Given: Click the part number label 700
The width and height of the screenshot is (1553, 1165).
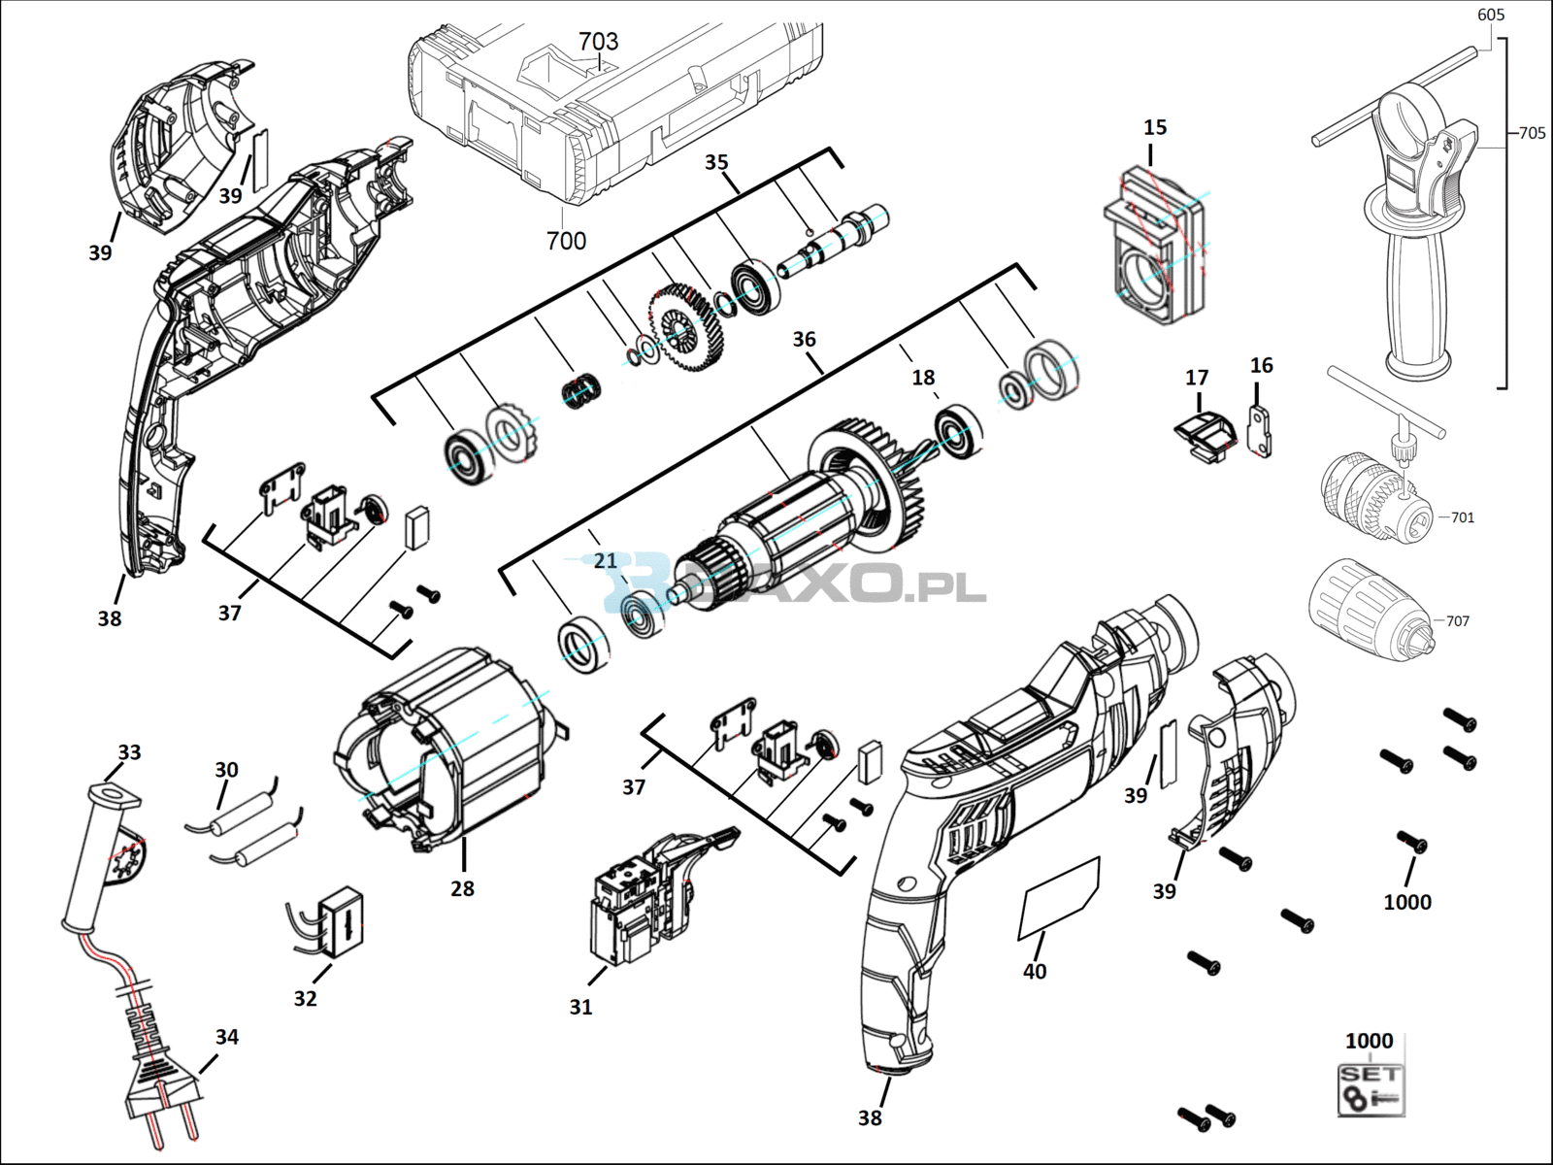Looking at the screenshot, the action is click(x=566, y=241).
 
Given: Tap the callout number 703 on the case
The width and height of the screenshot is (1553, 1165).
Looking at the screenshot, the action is click(x=598, y=41).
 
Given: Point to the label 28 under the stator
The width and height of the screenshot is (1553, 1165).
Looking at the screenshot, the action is click(x=462, y=888).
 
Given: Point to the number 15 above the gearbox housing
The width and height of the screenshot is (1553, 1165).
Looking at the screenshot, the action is click(x=1155, y=127).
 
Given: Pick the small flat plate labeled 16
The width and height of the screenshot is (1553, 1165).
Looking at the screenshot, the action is click(x=1259, y=430).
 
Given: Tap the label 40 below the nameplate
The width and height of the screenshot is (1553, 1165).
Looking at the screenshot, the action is click(x=1035, y=971).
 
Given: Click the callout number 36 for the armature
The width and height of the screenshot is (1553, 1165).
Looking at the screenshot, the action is click(x=804, y=340).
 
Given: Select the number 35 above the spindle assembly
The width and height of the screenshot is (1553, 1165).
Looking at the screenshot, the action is click(x=716, y=162).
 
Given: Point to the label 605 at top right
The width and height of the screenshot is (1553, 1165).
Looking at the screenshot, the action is click(x=1491, y=15).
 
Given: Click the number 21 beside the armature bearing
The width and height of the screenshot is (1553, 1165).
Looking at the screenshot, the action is click(x=605, y=561).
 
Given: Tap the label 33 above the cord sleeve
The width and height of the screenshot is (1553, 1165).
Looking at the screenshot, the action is click(x=129, y=751).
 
